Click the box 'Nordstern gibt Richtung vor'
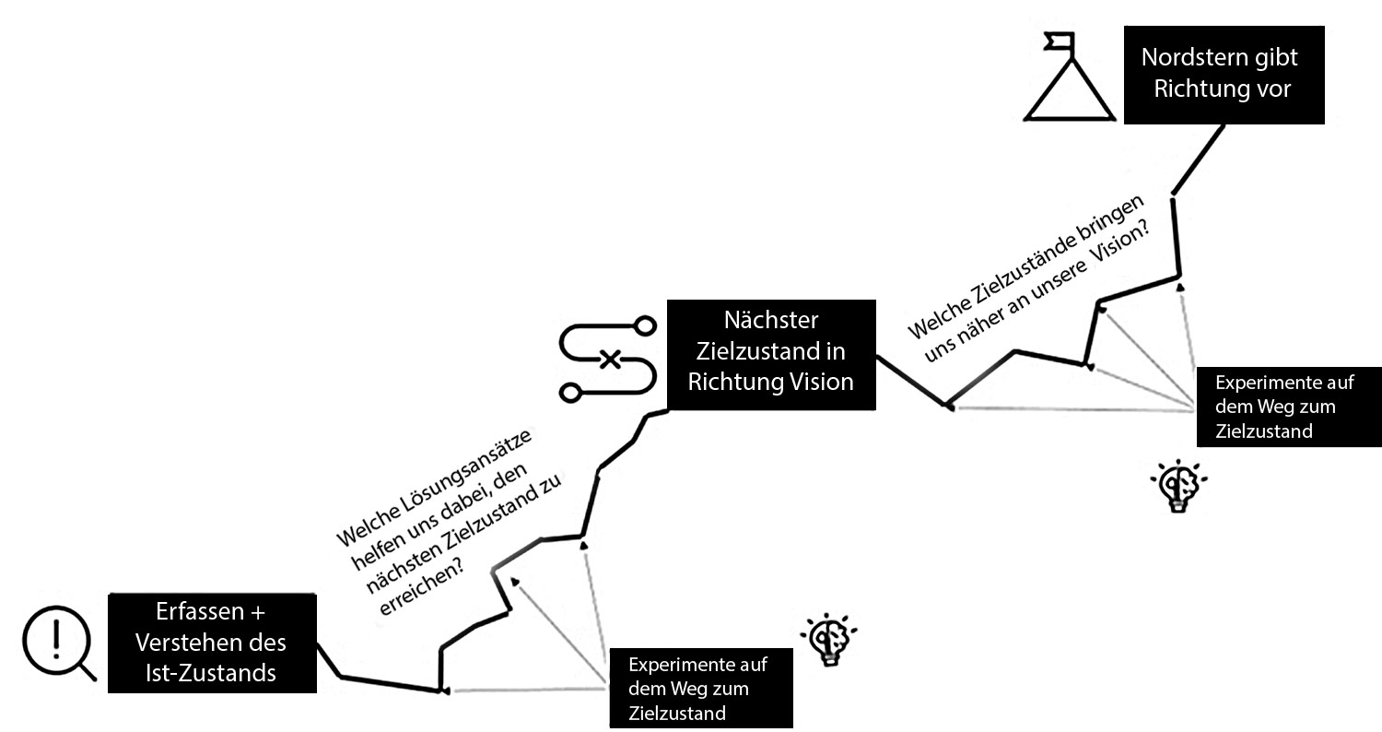coord(1224,75)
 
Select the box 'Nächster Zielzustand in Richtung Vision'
coord(770,354)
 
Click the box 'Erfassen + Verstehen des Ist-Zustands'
coord(212,643)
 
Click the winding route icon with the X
coord(608,359)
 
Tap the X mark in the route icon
coord(609,359)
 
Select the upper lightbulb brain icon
coord(1178,486)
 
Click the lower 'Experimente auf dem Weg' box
coord(700,689)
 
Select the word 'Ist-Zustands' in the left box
coord(211,673)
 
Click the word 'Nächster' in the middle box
coord(771,321)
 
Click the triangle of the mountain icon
coord(1068,93)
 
